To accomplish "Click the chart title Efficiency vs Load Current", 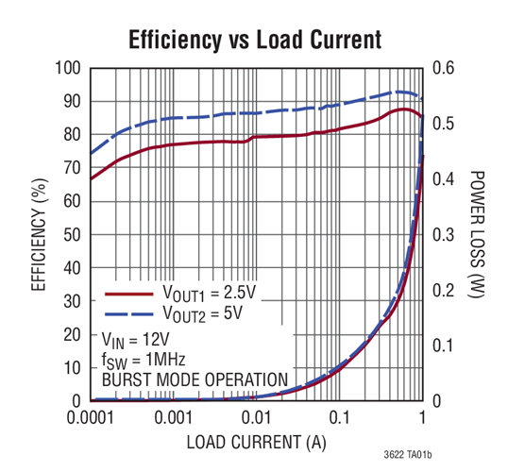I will point(255,41).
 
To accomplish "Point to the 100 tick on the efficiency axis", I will point(71,68).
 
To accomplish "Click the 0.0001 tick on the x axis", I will point(92,416).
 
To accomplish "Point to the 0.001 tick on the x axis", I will point(174,416).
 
